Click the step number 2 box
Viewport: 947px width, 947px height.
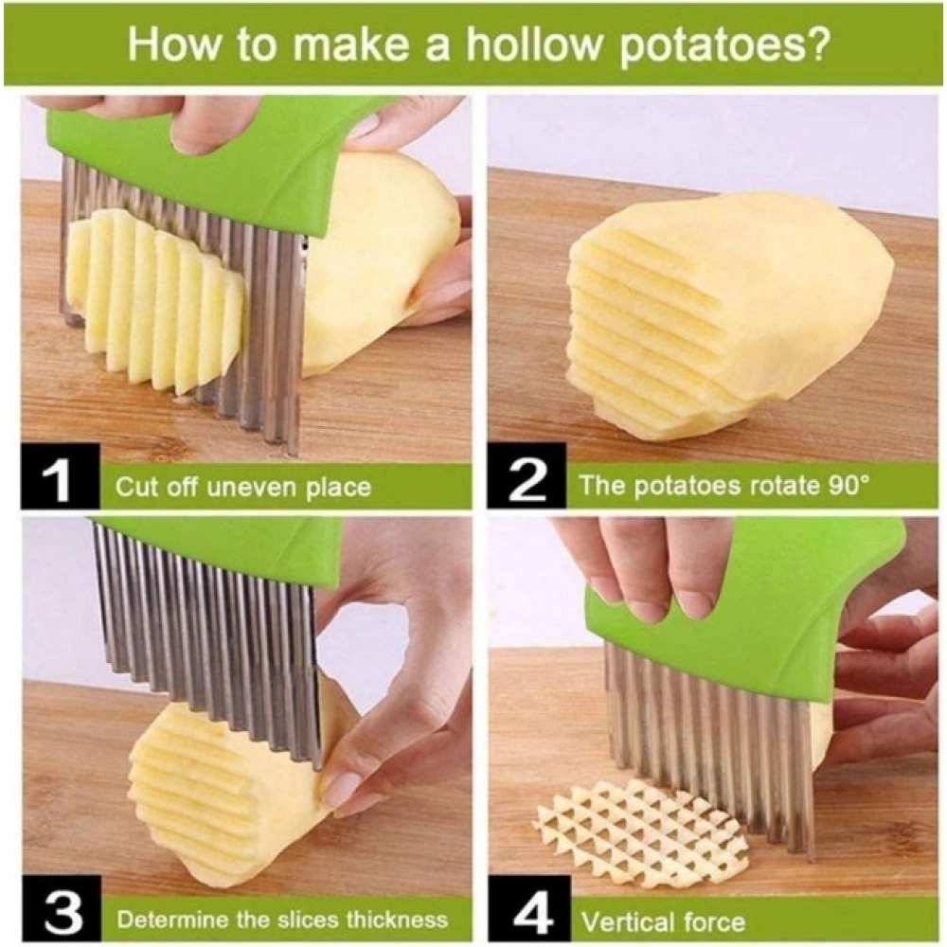coord(527,484)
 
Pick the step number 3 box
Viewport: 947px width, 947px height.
coord(60,915)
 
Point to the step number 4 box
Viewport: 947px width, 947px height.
coord(527,915)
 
